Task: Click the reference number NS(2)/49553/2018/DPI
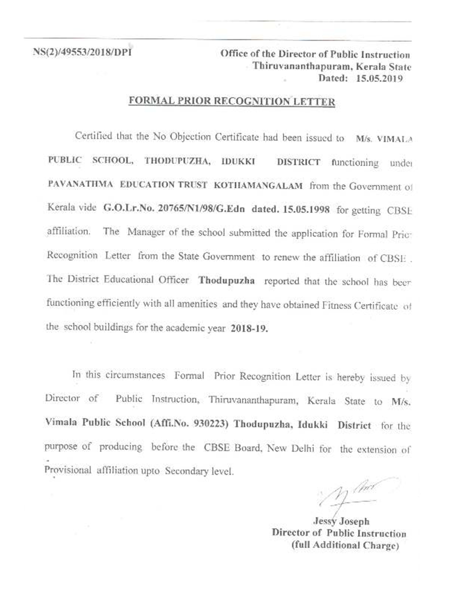click(x=82, y=51)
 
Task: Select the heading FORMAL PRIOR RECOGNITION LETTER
click(x=232, y=101)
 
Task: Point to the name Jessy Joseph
click(x=341, y=521)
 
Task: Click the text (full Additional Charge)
click(x=345, y=545)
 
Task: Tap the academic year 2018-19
click(x=249, y=328)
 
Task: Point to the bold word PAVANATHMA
click(x=80, y=184)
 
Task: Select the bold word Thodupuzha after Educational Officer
click(x=226, y=280)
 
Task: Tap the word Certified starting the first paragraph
click(x=94, y=136)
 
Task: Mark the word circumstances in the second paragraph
click(x=135, y=376)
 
